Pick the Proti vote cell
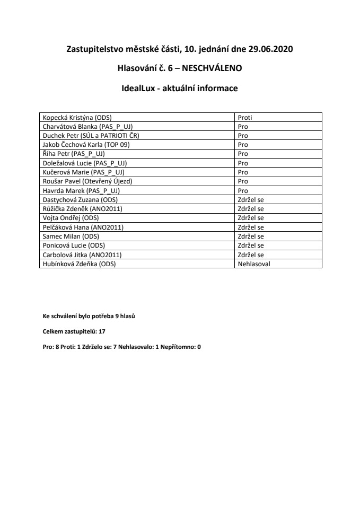point(245,117)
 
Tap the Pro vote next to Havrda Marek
point(243,190)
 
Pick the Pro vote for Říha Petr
point(243,154)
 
